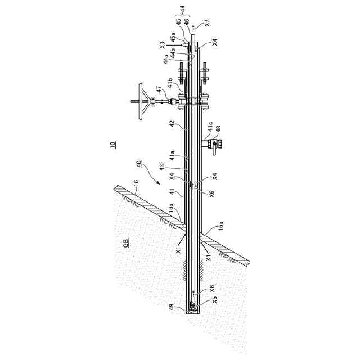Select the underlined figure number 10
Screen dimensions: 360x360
coord(113,145)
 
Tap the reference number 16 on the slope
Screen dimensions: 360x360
coord(134,183)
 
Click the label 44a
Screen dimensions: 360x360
coord(166,58)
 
